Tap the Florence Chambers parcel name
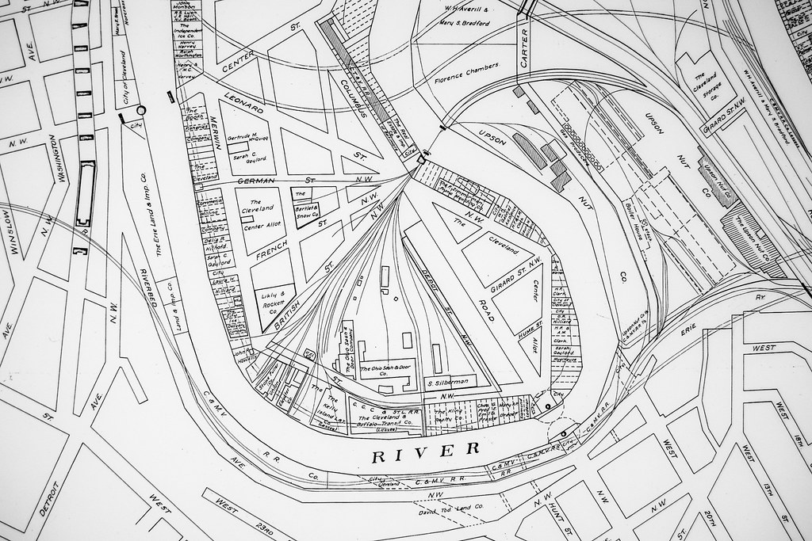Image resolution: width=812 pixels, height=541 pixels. click(x=467, y=73)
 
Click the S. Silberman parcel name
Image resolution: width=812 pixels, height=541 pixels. click(x=448, y=382)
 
